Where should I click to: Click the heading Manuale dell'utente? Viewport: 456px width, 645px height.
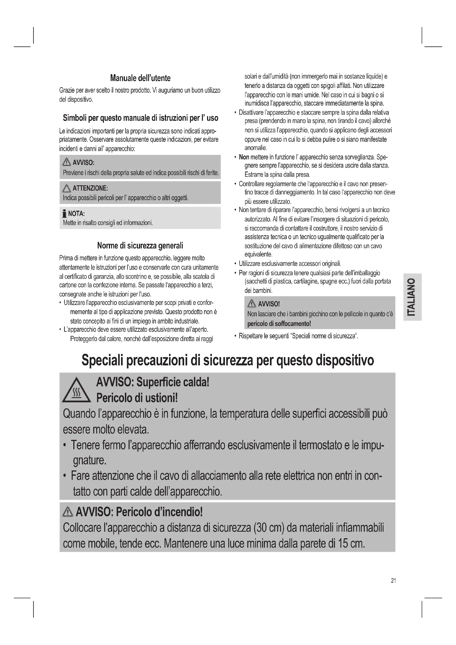pos(140,78)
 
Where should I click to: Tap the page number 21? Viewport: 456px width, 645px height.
pos(393,580)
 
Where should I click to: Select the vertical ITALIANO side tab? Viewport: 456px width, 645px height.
pos(412,297)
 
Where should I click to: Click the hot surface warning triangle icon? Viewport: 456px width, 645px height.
pos(76,391)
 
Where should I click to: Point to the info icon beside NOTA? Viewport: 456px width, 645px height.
pos(65,214)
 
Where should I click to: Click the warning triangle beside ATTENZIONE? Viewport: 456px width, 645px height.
pos(67,188)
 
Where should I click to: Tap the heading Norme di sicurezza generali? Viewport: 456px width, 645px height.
pos(140,245)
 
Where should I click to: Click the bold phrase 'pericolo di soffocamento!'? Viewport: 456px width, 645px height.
pos(279,324)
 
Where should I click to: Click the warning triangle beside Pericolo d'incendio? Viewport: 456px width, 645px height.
pos(67,512)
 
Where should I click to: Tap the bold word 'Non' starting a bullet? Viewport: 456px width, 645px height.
pos(244,157)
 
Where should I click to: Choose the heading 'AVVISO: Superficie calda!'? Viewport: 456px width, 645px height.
pos(152,382)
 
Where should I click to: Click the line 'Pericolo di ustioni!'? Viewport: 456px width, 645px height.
pos(137,398)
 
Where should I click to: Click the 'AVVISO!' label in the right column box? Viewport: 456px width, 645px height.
pos(269,304)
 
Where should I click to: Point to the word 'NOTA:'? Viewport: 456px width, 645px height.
pos(76,213)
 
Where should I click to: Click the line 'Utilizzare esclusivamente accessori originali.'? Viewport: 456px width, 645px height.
pos(290,264)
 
